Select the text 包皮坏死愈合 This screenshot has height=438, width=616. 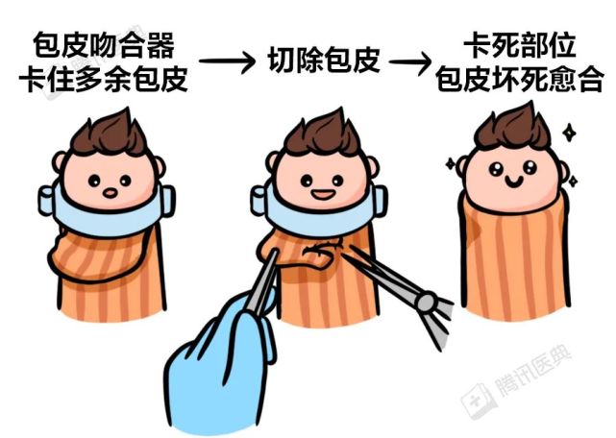(x=519, y=79)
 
